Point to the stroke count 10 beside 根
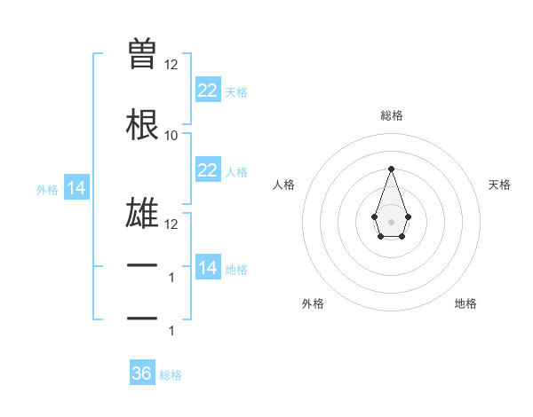click(x=171, y=135)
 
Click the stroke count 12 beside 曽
click(x=171, y=65)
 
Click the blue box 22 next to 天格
click(x=208, y=90)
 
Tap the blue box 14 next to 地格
click(x=208, y=267)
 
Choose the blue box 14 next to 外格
click(x=76, y=188)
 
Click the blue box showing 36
click(x=142, y=374)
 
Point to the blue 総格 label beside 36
click(x=171, y=375)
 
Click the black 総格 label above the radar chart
click(x=391, y=115)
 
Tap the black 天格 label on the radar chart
click(x=500, y=185)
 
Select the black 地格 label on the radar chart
click(x=465, y=303)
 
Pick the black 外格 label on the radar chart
click(x=313, y=303)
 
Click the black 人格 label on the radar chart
click(x=283, y=185)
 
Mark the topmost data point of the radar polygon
click(x=391, y=168)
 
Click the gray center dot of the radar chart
click(x=391, y=221)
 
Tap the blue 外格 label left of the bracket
click(x=47, y=189)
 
